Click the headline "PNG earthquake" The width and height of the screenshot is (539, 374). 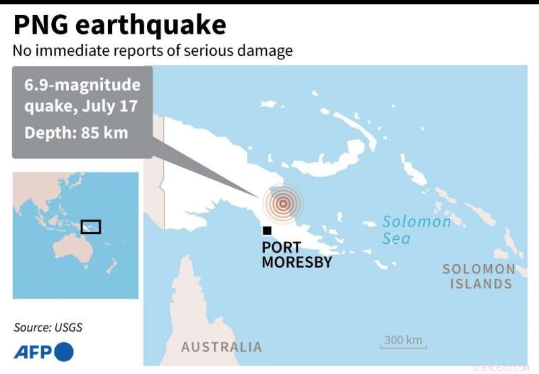[120, 25]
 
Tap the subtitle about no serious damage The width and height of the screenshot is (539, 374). [152, 51]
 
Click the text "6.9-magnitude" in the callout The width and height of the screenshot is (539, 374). [82, 86]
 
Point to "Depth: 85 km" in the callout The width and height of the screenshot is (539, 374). [76, 133]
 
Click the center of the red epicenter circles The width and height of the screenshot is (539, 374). [283, 202]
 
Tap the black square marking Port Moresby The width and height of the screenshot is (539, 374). [267, 231]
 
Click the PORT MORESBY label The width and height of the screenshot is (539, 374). [296, 255]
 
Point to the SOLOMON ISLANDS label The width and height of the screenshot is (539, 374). [479, 276]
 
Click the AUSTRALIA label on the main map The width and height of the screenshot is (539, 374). [221, 347]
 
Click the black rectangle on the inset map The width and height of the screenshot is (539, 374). [90, 226]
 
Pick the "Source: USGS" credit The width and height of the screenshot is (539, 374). [53, 328]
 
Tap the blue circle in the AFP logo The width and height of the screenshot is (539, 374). [63, 351]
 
